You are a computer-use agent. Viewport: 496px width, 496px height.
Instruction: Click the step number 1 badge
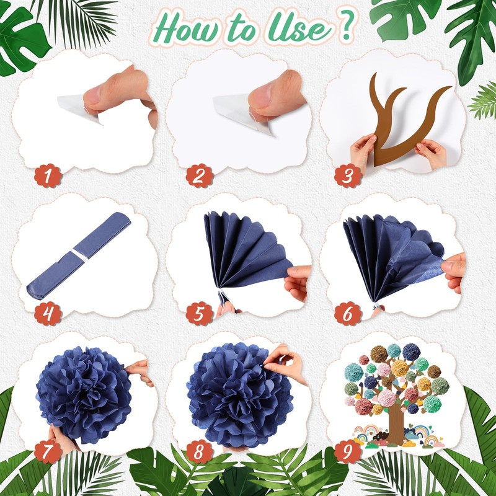[48, 176]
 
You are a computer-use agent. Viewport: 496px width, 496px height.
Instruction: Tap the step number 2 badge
[199, 176]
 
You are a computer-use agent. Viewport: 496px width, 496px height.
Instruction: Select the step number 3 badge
[348, 176]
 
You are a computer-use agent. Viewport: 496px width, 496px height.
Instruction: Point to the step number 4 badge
[48, 314]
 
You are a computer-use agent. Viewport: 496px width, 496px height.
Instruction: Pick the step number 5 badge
[199, 314]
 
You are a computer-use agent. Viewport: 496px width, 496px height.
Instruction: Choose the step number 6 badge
[348, 314]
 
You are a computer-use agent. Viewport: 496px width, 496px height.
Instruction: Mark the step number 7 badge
[48, 451]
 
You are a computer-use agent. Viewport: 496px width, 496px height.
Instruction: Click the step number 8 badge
[199, 451]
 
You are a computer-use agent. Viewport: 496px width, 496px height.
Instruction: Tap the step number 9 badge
[348, 451]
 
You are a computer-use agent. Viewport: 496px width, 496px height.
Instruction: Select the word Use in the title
[299, 29]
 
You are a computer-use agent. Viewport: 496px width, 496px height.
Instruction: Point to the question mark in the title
[347, 25]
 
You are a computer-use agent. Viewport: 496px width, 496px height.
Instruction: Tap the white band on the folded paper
[80, 255]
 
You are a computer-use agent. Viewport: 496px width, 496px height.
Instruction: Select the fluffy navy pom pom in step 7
[84, 395]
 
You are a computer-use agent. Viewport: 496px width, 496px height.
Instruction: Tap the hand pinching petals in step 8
[285, 364]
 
